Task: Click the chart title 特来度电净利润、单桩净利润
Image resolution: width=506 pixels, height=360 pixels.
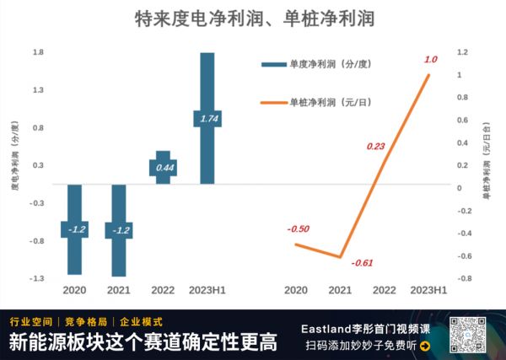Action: pos(254,18)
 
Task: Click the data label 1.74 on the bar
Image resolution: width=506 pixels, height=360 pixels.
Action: pos(207,119)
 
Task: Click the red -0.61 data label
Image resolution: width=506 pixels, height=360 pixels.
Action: pos(363,262)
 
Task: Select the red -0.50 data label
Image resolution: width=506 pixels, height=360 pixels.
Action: pos(297,228)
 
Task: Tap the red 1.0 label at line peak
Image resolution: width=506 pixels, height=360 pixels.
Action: pos(430,59)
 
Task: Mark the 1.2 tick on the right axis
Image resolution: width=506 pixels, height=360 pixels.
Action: pos(461,52)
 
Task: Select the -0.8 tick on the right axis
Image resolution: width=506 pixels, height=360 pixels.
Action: pos(462,278)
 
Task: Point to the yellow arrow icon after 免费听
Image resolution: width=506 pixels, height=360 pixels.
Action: pos(424,346)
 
